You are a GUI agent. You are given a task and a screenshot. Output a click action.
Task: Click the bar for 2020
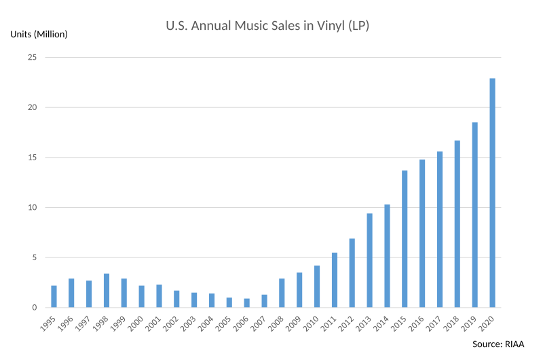493,193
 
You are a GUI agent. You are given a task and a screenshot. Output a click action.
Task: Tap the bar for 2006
246,303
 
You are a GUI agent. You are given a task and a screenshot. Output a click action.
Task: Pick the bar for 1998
107,291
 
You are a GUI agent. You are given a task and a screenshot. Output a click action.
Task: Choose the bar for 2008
282,293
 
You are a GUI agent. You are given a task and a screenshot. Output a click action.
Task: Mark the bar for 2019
475,215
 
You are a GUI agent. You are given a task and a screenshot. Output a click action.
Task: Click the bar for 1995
54,296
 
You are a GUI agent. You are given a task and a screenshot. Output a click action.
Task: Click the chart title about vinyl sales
267,26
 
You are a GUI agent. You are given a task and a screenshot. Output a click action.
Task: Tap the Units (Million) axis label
39,34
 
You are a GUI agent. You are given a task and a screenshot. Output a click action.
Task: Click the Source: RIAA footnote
498,344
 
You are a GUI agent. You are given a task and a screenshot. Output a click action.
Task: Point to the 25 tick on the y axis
31,57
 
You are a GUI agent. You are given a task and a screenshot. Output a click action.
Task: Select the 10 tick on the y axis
31,207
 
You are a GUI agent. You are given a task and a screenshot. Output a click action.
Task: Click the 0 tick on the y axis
33,308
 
